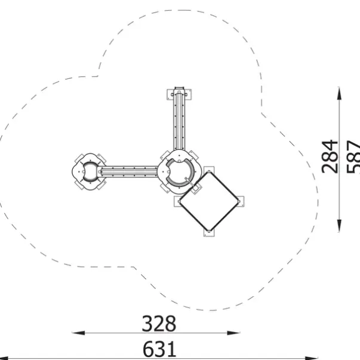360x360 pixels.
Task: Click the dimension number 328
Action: pos(159,324)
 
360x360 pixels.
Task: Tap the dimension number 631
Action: pos(159,349)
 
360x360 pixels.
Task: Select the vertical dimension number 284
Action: pos(330,156)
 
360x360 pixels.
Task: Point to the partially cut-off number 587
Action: pos(353,156)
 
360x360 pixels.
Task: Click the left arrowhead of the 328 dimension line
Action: pos(78,333)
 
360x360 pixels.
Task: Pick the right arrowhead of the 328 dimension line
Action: pos(233,333)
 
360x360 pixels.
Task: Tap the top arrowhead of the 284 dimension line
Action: pos(339,93)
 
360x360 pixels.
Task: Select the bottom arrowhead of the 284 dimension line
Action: pos(339,226)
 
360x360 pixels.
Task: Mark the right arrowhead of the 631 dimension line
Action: pos(311,358)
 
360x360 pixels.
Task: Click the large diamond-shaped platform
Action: pos(209,201)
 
